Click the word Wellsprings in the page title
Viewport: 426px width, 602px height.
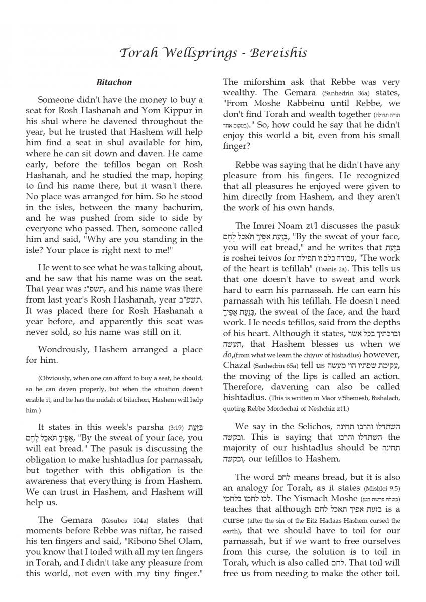click(x=191, y=52)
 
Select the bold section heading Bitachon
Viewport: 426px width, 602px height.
click(x=114, y=82)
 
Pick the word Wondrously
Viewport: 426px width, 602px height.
click(x=64, y=349)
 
